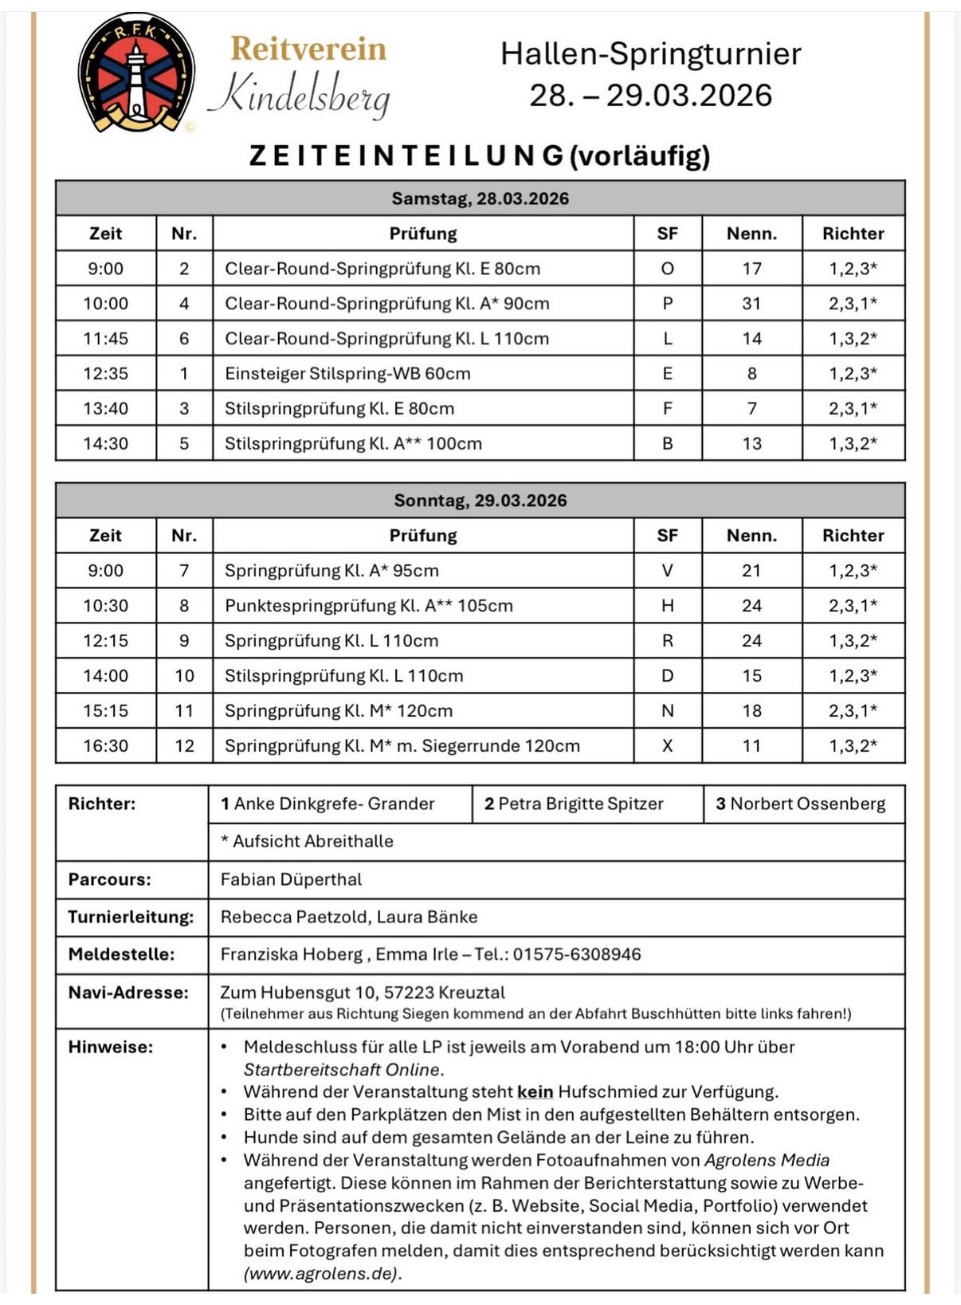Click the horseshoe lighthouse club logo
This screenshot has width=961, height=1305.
136,73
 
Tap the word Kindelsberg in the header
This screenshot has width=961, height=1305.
300,95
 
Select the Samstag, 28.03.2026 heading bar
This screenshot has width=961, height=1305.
480,199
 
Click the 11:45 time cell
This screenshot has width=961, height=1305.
105,339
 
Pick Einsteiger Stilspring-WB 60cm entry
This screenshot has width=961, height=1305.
347,374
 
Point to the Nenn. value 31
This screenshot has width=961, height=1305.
751,304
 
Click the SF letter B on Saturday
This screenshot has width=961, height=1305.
667,444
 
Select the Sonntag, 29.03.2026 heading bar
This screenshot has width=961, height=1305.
480,501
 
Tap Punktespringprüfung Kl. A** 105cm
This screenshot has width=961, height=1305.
368,606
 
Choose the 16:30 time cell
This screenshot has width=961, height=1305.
105,746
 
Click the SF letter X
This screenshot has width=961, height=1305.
667,746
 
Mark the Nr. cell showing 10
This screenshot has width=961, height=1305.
184,676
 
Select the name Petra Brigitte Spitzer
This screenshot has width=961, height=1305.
580,804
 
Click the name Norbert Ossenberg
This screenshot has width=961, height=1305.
807,804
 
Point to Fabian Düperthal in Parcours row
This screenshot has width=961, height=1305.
291,879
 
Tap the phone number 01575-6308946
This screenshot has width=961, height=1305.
576,954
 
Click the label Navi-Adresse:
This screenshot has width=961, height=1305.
128,993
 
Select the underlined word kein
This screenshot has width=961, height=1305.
535,1092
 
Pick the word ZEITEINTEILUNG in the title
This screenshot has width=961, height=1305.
406,155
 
